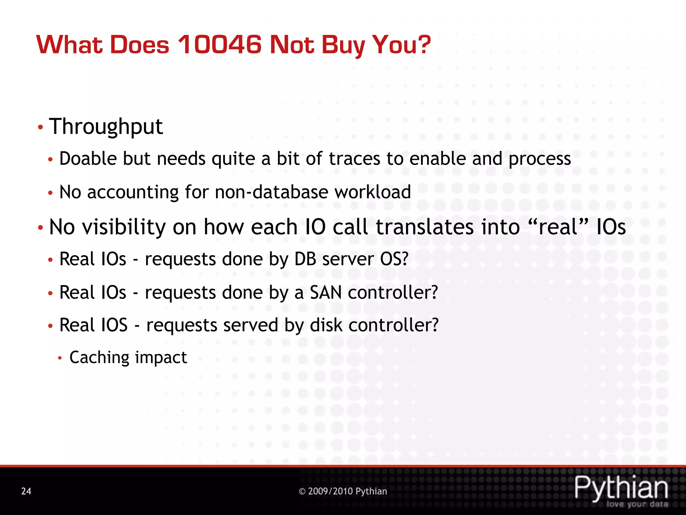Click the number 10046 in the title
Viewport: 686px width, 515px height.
click(219, 45)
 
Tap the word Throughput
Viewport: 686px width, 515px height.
click(106, 127)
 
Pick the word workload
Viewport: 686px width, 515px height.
click(372, 192)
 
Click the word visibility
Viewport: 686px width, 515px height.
click(124, 227)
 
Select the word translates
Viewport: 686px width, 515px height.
click(425, 227)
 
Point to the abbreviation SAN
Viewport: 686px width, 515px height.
click(326, 292)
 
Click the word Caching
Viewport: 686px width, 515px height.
click(99, 357)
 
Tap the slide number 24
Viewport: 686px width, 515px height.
click(26, 491)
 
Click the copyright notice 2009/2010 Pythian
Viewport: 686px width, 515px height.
click(343, 491)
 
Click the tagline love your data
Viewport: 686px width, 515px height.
click(637, 504)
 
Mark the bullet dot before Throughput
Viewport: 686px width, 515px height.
click(41, 127)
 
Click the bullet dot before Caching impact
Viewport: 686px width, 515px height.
click(60, 358)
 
